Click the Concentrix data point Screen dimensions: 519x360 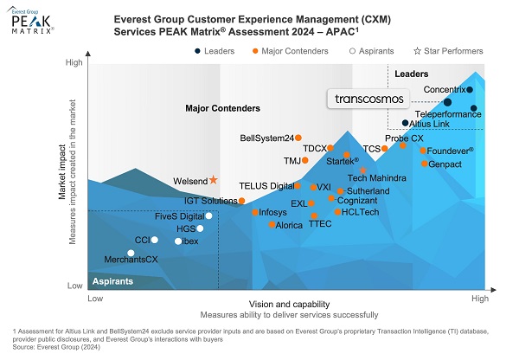coord(470,89)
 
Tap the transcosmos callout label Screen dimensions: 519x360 coord(368,99)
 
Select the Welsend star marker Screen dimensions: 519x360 coord(213,180)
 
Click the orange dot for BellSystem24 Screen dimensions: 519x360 coord(298,138)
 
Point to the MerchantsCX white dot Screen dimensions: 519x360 coord(131,253)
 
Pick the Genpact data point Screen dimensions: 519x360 coord(425,164)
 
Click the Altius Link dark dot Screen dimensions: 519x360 coord(405,123)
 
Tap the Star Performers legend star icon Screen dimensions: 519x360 coord(418,51)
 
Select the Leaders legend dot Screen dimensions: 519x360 coord(197,51)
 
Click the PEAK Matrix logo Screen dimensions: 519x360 coord(30,21)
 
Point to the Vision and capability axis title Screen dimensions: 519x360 coord(289,304)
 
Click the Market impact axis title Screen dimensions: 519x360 coord(62,172)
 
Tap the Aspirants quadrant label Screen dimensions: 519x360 coord(112,281)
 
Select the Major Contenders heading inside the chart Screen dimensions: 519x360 coord(223,108)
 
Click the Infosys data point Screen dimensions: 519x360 coord(255,212)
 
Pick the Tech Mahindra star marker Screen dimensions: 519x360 coord(363,170)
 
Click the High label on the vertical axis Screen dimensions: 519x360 coord(74,62)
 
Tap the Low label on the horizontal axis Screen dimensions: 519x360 coord(95,299)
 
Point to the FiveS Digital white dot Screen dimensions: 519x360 coord(208,216)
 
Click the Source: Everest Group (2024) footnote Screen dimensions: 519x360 coord(56,347)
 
